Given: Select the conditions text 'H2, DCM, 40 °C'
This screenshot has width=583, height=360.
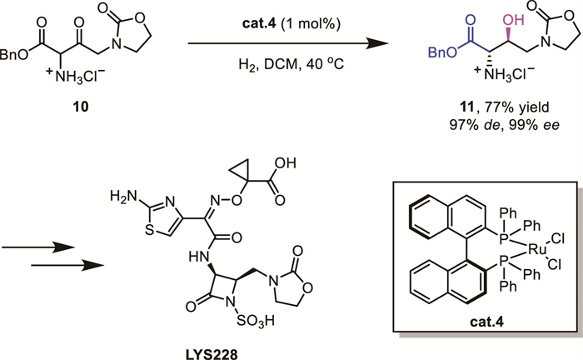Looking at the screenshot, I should tap(270, 61).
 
